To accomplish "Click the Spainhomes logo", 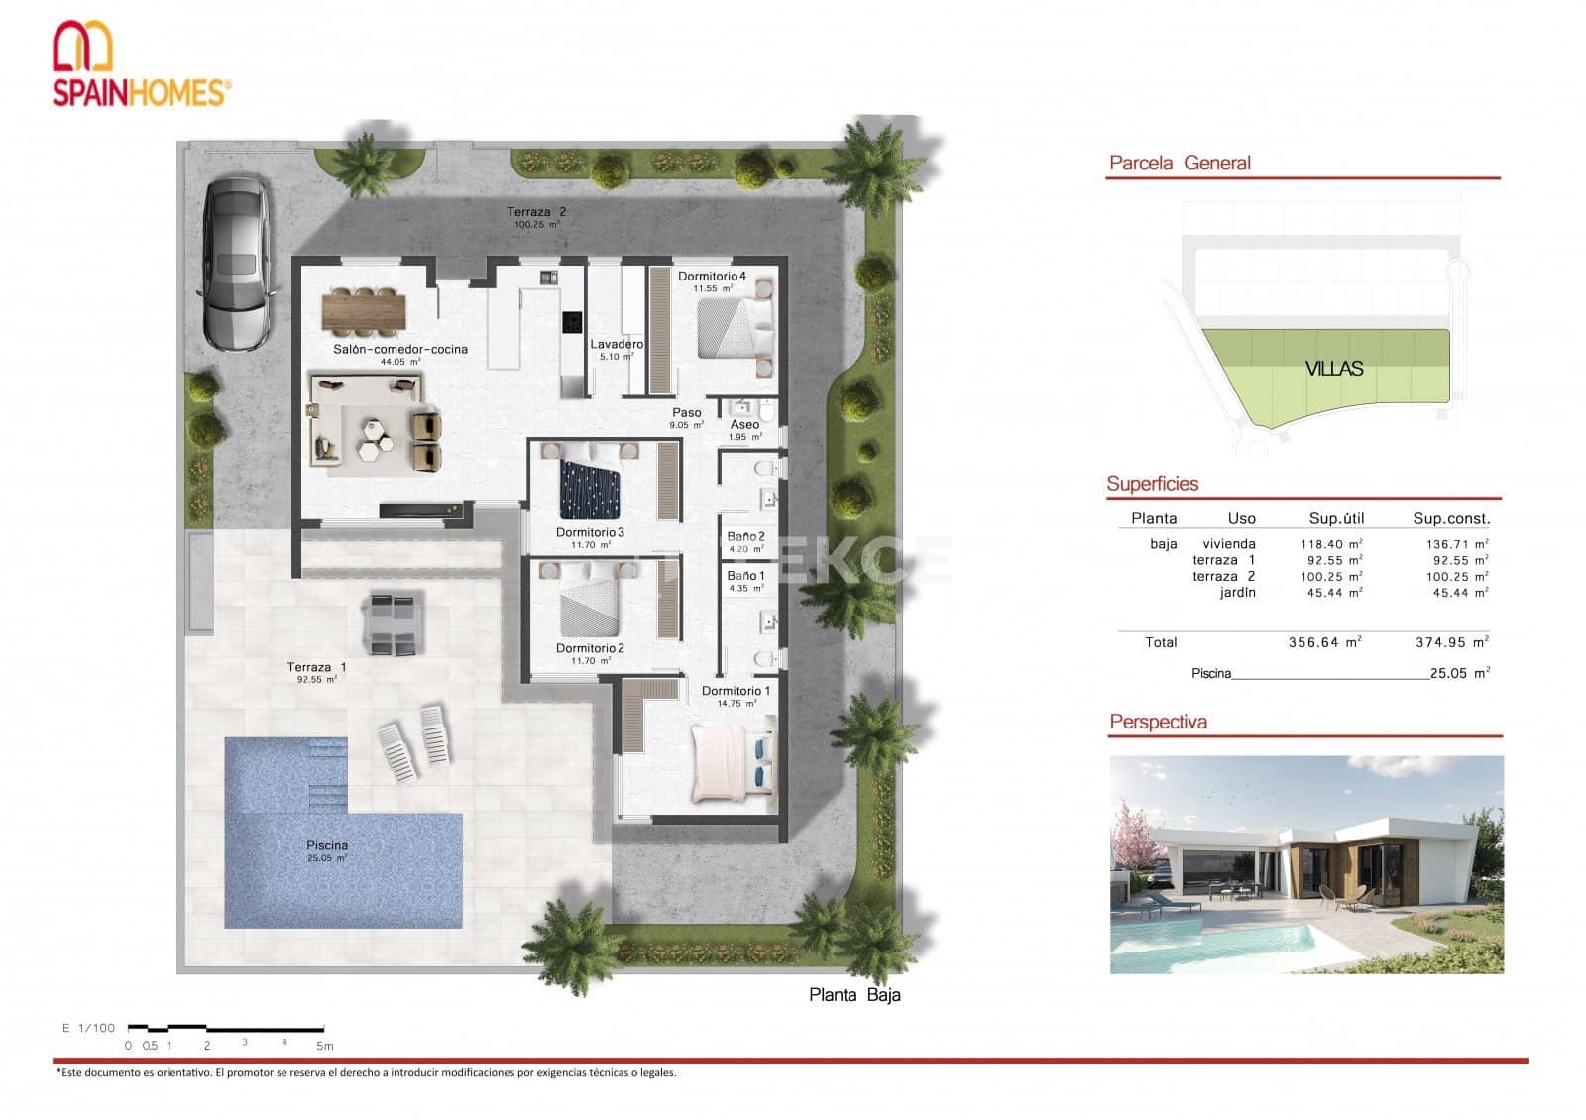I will (x=141, y=63).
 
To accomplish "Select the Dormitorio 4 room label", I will (x=712, y=277).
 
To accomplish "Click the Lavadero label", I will (x=617, y=345).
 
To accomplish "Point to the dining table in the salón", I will (x=364, y=311).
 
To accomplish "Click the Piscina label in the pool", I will (x=327, y=845).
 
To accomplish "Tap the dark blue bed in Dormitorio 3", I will (x=590, y=491).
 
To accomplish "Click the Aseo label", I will (x=744, y=425).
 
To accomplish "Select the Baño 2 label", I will (x=745, y=537).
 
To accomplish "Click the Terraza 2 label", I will (x=536, y=212).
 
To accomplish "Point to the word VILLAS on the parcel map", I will (x=1333, y=369).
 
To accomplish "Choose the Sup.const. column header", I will (x=1451, y=518).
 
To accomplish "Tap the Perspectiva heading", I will (x=1158, y=722).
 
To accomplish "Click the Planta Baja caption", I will (x=854, y=995).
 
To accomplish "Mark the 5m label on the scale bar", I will (x=324, y=1046).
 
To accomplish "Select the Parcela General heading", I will (x=1180, y=164).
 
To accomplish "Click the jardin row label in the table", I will (x=1237, y=593).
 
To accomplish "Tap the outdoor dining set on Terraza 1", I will (x=395, y=623).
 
